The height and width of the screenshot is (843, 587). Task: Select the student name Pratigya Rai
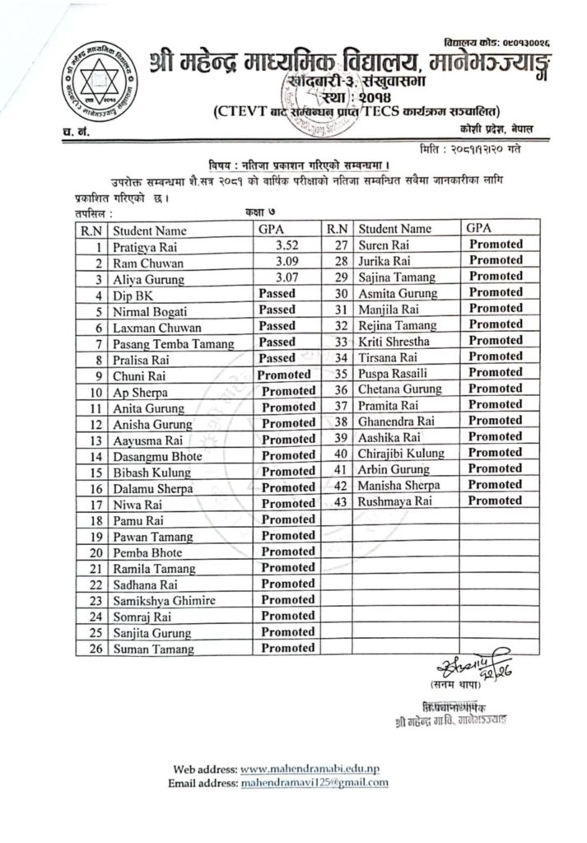coord(145,247)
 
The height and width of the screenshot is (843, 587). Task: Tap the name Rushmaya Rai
coord(394,501)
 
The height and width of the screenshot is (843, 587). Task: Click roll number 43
coord(338,501)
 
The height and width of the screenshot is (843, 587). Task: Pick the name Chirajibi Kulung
coord(401,453)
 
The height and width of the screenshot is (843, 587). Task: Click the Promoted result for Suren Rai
coord(496,245)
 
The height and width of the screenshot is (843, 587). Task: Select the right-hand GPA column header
coord(479,227)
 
